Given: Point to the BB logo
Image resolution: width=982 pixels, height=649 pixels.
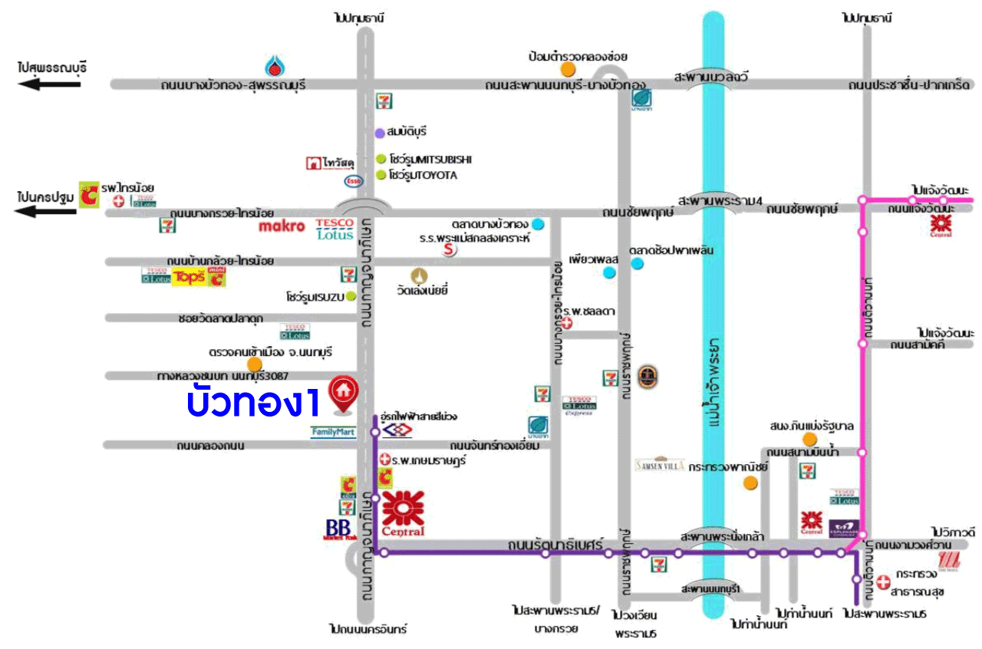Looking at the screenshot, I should tap(338, 529).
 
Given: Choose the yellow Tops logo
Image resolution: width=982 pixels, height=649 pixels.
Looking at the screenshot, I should tap(189, 277).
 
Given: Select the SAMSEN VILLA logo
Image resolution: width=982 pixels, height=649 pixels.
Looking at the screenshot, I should tap(659, 464).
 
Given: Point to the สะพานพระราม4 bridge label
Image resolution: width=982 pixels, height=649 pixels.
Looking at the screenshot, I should tap(717, 201).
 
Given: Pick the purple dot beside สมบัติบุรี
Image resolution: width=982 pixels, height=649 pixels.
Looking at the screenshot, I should tap(379, 133).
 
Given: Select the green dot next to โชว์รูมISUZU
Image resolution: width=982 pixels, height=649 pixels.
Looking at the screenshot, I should tap(351, 296).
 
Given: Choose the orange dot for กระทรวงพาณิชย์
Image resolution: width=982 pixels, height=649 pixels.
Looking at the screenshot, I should tap(751, 483).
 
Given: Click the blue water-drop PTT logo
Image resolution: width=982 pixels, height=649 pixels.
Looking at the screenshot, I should tap(275, 66).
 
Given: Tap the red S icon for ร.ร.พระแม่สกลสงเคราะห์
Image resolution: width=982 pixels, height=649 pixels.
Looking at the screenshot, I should tap(449, 249).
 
